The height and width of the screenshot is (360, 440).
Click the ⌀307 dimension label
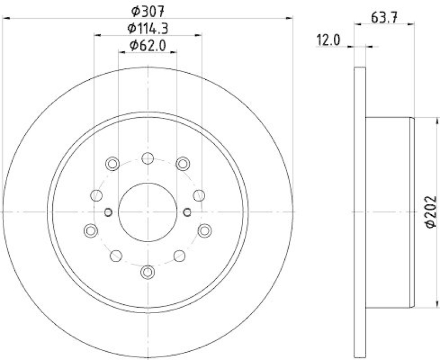pyautogui.click(x=147, y=10)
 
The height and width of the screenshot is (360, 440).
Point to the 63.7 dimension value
pyautogui.click(x=384, y=17)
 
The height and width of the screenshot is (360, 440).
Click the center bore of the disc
pyautogui.click(x=147, y=211)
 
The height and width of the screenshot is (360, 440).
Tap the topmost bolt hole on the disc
pyautogui.click(x=147, y=159)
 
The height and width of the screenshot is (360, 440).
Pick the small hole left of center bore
pyautogui.click(x=108, y=212)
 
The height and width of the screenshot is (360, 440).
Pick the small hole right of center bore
pyautogui.click(x=187, y=212)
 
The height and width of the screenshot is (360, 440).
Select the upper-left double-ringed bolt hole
pyautogui.click(x=113, y=163)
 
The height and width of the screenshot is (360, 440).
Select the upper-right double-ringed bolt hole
pyautogui.click(x=183, y=163)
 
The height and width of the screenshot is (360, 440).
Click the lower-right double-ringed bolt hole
pyautogui.click(x=205, y=230)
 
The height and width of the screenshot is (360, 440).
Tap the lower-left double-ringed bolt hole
pyautogui.click(x=90, y=230)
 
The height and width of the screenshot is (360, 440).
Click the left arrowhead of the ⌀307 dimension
pyautogui.click(x=7, y=19)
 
